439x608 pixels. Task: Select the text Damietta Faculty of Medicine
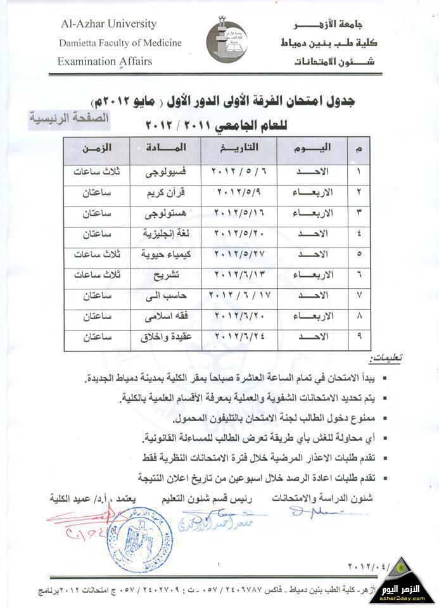(120, 43)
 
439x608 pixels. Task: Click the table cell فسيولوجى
(166, 172)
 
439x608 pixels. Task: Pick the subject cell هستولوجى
(166, 214)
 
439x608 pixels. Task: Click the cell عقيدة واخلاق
(166, 338)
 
